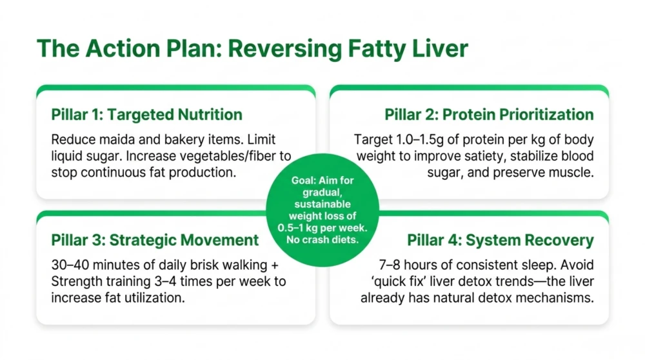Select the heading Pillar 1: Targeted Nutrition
click(147, 115)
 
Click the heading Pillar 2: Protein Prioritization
click(489, 115)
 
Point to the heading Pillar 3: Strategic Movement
click(155, 240)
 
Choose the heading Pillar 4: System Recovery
click(501, 240)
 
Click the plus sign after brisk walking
click(274, 265)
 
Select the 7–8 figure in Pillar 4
click(391, 265)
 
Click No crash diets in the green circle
click(322, 240)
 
